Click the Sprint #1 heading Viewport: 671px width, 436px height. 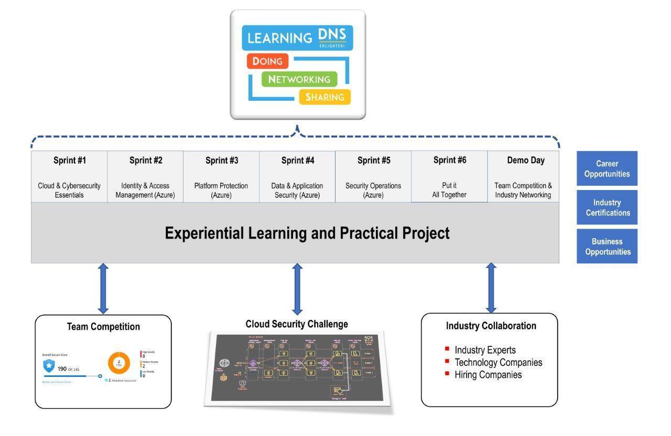pos(69,161)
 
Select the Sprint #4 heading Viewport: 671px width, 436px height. pos(297,161)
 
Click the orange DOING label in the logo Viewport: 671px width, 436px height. pos(267,61)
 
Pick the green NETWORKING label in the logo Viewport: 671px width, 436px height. pos(299,79)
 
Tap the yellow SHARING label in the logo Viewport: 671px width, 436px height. pos(324,97)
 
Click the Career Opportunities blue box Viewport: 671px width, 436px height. pos(607,168)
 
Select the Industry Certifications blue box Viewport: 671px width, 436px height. pos(607,207)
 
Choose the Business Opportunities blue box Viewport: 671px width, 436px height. pos(607,246)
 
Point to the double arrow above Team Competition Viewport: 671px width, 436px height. pos(103,288)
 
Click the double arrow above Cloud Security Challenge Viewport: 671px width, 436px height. pos(297,288)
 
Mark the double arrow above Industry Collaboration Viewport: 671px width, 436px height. pos(491,288)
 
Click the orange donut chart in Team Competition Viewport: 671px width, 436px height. pos(119,363)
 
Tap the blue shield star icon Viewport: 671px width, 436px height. pos(49,365)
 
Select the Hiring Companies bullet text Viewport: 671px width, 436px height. pos(488,375)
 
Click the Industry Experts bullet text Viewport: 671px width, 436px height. pos(485,350)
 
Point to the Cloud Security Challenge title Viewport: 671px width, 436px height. pos(297,324)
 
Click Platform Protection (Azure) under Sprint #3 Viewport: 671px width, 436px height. pos(221,190)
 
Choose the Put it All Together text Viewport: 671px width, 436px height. pos(449,190)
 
